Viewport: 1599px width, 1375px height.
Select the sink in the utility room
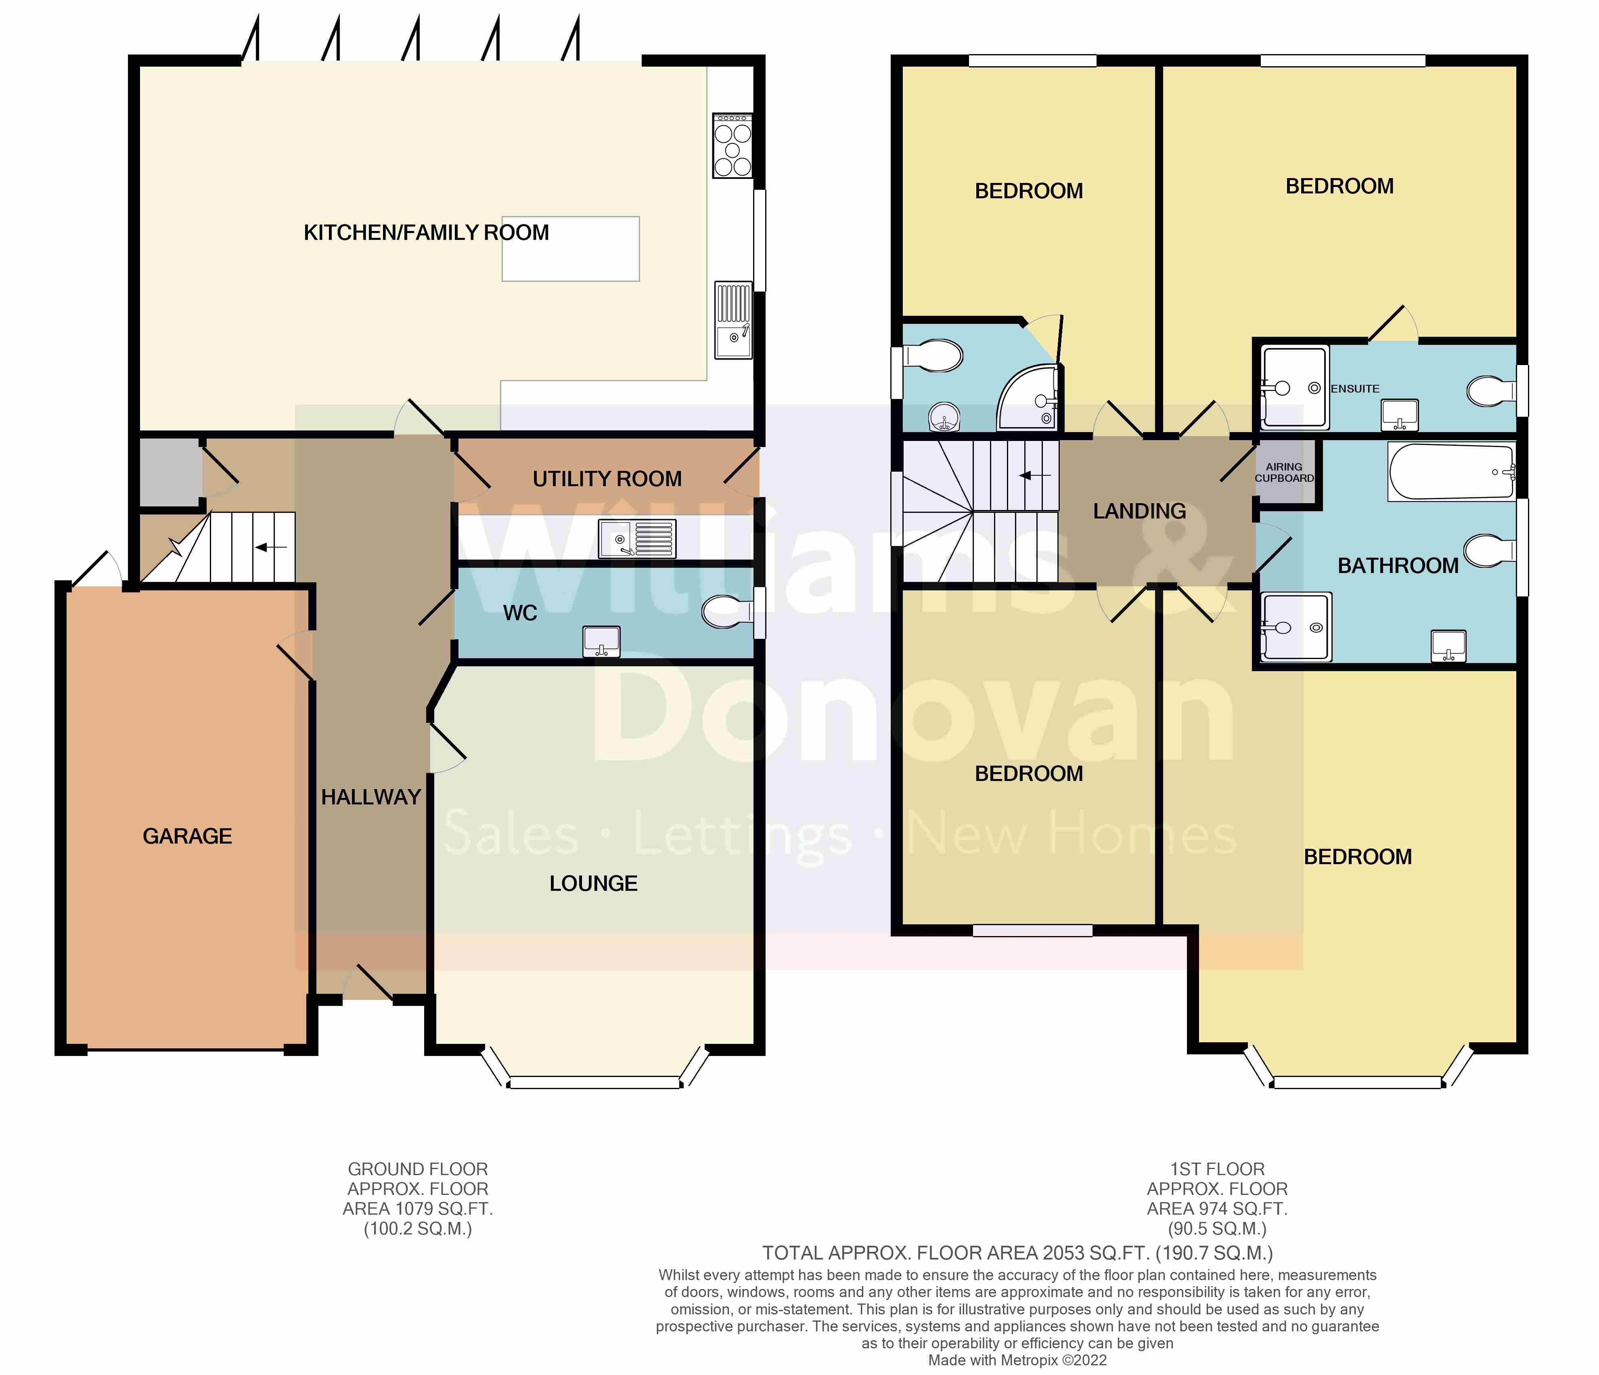(x=637, y=538)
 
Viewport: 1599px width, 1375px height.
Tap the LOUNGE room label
(x=593, y=883)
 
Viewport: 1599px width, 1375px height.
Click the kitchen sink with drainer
(x=733, y=320)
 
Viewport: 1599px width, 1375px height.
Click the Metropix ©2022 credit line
(x=1017, y=1360)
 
